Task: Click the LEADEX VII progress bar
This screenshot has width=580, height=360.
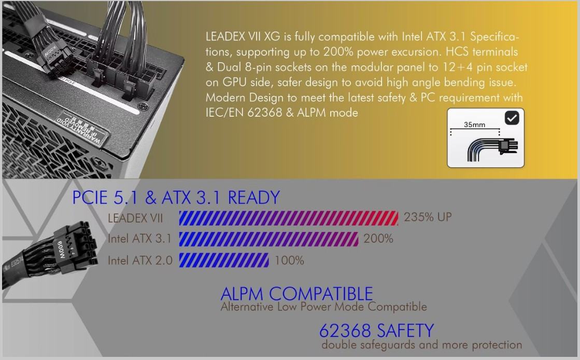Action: click(289, 218)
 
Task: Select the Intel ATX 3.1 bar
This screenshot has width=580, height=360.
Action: click(268, 239)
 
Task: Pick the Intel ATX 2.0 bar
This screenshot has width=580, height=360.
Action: click(224, 260)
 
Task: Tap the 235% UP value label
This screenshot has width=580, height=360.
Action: click(428, 217)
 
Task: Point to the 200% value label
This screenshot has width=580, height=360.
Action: click(378, 239)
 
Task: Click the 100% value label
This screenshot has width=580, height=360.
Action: click(289, 260)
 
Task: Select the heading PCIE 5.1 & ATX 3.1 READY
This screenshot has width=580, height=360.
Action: click(176, 198)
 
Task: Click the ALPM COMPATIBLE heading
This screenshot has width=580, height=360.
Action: click(296, 294)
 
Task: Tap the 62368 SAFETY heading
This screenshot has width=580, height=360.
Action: click(376, 330)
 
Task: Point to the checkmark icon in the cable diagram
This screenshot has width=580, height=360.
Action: click(512, 118)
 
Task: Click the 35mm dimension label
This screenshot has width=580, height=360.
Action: click(475, 125)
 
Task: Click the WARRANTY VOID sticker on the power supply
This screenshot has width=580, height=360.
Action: click(79, 128)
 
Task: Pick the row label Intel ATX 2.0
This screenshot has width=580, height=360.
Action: click(140, 260)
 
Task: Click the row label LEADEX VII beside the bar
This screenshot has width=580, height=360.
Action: click(135, 218)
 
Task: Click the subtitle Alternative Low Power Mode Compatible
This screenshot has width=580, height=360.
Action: click(323, 307)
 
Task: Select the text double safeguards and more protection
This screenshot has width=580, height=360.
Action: click(422, 345)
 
